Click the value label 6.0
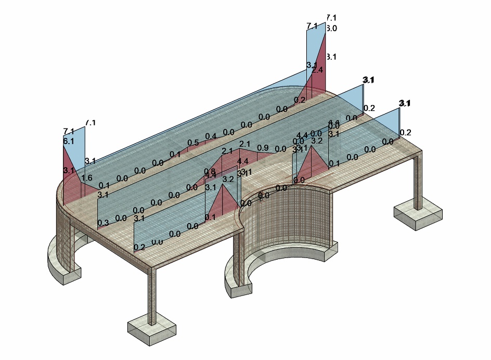tap(331, 29)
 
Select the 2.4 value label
tap(317, 70)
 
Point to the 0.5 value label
tap(193, 143)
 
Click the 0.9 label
tap(263, 148)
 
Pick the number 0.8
tap(210, 171)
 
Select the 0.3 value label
tap(103, 223)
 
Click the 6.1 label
tap(69, 141)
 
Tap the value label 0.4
tap(210, 137)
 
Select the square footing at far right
tap(418, 214)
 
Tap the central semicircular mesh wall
tap(291, 218)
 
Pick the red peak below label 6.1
tap(69, 166)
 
